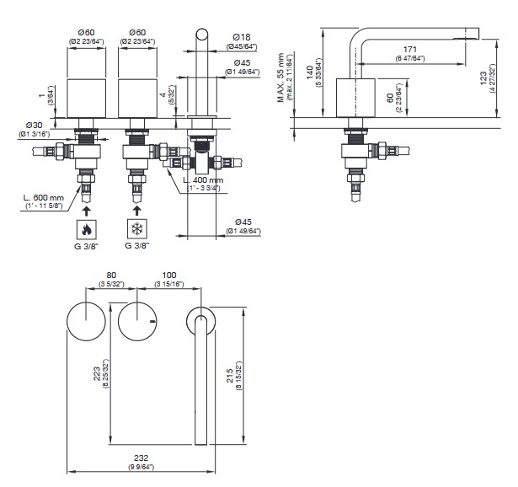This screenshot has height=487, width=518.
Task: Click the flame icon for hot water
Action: coord(86,229)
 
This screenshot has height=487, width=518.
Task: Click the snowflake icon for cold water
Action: coord(135,229)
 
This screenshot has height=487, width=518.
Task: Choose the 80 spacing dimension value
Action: coord(110,275)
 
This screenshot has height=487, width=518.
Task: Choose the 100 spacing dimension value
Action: coord(169,275)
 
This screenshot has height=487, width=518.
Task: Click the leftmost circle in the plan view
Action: coord(87,321)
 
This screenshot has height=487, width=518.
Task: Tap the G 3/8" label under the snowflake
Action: coord(136,246)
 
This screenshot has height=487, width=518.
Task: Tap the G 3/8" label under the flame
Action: coord(88,246)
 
